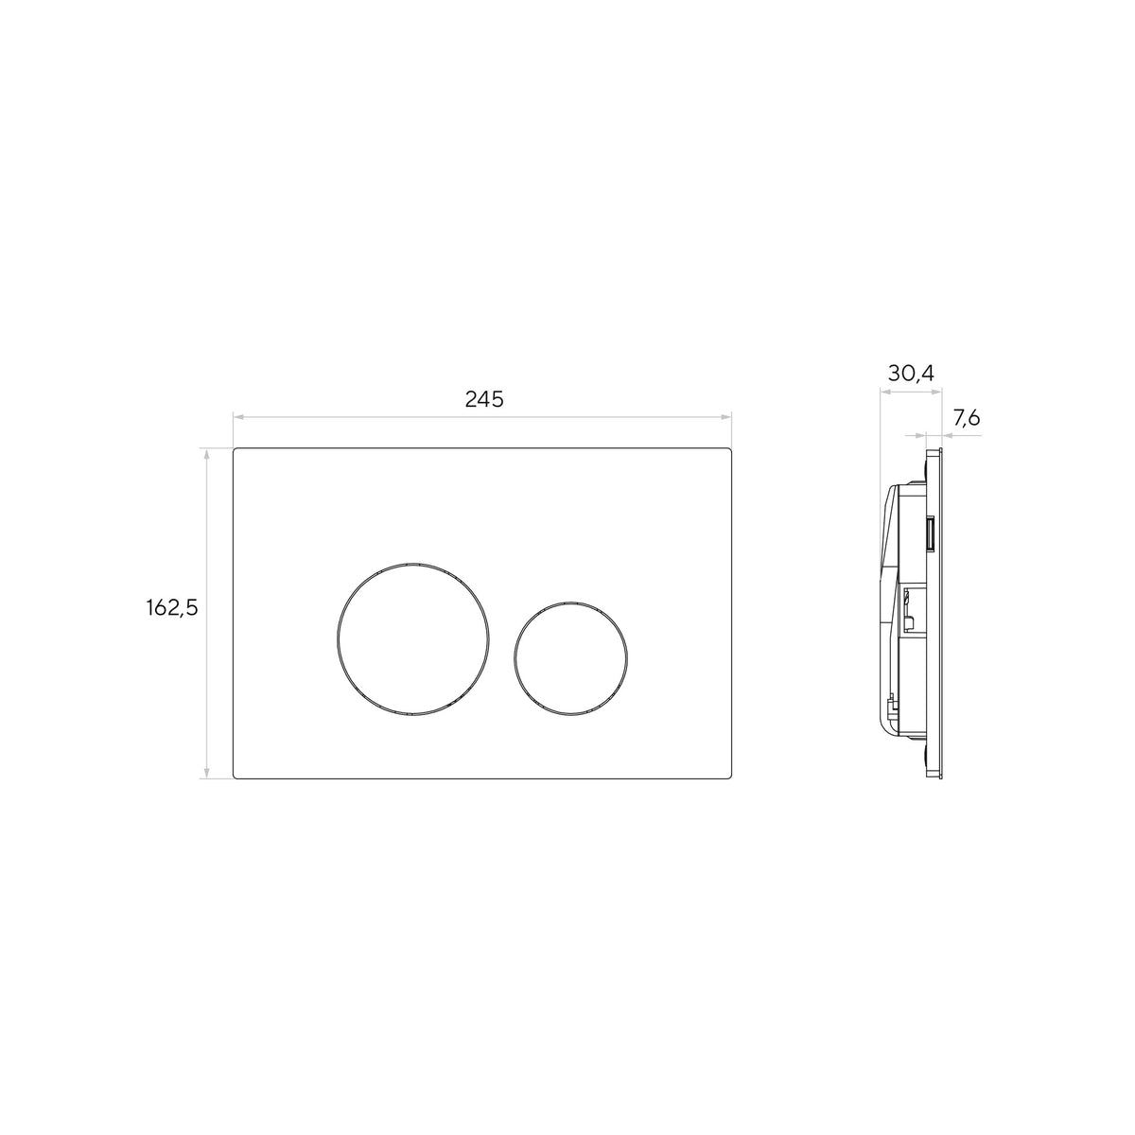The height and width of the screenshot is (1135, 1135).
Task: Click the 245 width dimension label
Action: (x=484, y=399)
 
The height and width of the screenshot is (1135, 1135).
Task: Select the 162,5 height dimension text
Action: (x=172, y=607)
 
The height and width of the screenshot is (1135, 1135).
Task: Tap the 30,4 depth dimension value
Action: (x=911, y=373)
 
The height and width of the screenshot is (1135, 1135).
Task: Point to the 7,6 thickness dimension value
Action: (x=967, y=418)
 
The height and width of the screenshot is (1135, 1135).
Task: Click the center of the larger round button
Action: (x=412, y=638)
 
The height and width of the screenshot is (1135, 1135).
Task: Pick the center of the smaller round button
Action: (x=570, y=659)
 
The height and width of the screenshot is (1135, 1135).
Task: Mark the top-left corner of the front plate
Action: (x=235, y=449)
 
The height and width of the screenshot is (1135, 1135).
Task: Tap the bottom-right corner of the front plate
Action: (x=730, y=778)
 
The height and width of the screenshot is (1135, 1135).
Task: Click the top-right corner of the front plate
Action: (x=730, y=449)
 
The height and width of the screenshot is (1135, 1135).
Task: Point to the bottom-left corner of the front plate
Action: (x=235, y=778)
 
